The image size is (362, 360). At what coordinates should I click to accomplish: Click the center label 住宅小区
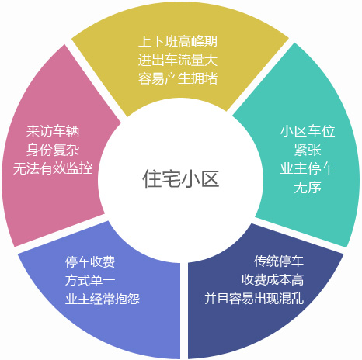181,178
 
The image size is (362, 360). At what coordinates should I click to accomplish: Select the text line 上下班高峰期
178,41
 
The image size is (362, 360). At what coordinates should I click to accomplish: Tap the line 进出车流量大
178,60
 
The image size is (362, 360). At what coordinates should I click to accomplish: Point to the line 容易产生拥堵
178,78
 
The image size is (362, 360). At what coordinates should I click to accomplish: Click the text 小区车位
308,131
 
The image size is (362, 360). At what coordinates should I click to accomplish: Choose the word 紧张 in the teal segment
308,150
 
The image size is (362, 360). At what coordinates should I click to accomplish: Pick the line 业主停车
308,168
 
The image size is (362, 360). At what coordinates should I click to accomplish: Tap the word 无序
308,187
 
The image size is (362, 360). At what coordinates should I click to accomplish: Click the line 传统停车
279,261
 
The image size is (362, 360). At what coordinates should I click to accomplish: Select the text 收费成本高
273,280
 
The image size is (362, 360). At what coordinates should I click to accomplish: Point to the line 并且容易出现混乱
254,299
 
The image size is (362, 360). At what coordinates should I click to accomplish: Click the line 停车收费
90,261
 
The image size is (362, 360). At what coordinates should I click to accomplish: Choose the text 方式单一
90,280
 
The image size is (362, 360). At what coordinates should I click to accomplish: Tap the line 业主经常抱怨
103,299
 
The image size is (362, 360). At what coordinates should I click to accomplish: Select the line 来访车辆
53,131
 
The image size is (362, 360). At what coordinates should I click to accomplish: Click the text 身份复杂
53,150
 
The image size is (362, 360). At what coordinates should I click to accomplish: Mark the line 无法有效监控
53,168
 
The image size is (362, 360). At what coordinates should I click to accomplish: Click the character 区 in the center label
210,178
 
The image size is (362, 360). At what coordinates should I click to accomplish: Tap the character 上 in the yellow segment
144,41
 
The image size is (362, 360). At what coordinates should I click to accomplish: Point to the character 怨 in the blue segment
134,299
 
